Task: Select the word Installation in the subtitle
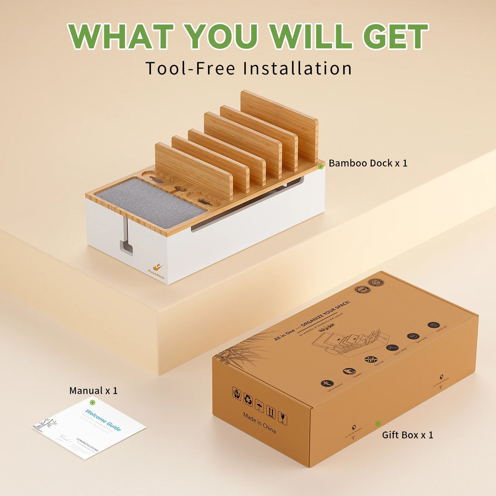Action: (x=298, y=68)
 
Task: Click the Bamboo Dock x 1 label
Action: (x=368, y=163)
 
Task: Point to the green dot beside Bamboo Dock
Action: (x=321, y=166)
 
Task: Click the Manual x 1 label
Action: (x=93, y=391)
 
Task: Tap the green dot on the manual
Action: (x=92, y=402)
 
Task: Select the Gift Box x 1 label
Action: (x=407, y=435)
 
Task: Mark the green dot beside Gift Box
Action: (x=378, y=424)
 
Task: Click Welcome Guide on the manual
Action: (x=103, y=420)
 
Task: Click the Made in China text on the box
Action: (x=259, y=423)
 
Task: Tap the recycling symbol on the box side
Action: (x=248, y=400)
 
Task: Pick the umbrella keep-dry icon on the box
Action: (x=259, y=406)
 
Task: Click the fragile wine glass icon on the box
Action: (x=282, y=418)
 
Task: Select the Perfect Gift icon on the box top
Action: (x=434, y=325)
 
